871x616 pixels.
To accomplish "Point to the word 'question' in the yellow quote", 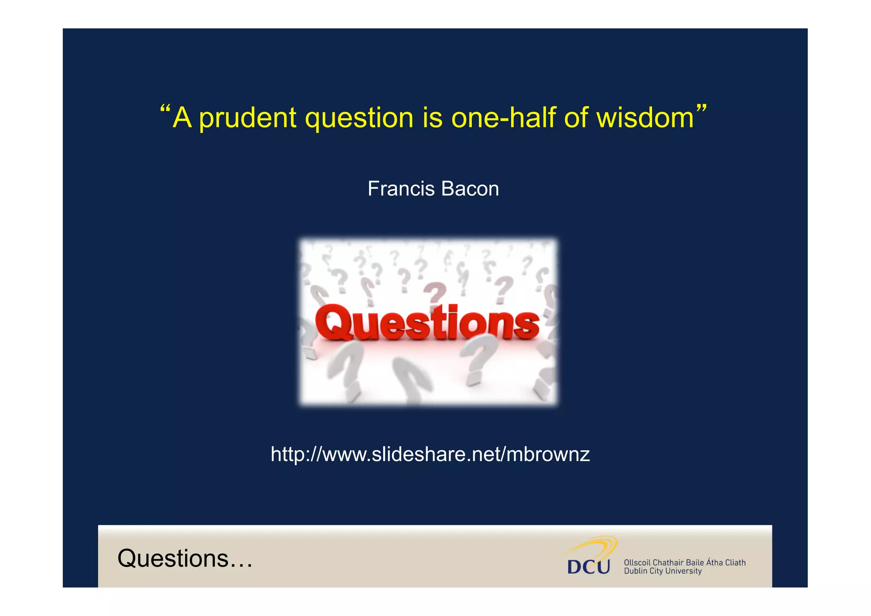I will (359, 118).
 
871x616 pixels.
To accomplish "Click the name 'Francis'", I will (401, 189).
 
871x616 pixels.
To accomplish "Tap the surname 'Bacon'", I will (470, 189).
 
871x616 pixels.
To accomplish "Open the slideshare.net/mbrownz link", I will (430, 454).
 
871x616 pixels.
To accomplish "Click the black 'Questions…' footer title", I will (185, 558).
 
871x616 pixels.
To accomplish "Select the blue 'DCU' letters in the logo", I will (589, 567).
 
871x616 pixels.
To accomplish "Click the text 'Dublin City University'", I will (663, 571).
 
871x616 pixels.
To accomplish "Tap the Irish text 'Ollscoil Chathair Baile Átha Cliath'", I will (685, 562).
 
